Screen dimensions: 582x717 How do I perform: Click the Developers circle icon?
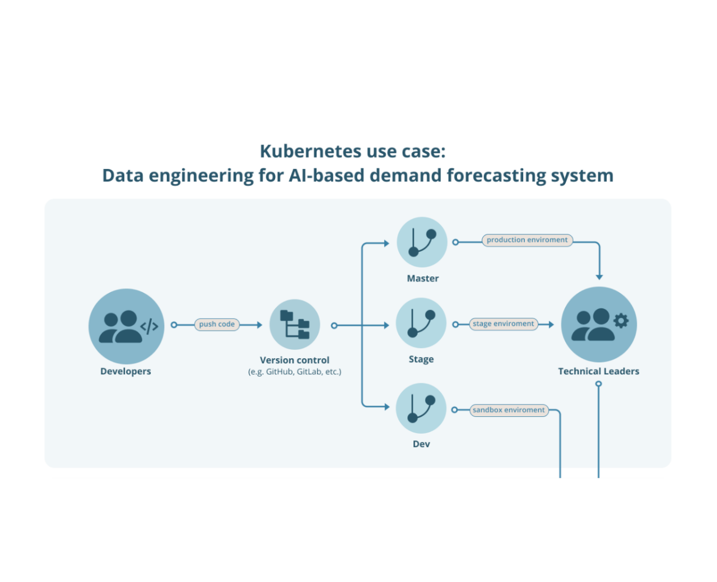pos(126,326)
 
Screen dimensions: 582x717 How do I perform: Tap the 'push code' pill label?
pos(217,325)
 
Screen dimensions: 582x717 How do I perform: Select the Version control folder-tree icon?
pos(295,325)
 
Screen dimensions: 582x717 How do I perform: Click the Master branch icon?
pos(422,242)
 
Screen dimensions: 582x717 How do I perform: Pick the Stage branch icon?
pos(421,323)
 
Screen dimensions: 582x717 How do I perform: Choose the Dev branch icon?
pos(421,409)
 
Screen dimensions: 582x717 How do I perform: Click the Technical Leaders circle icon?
pos(599,325)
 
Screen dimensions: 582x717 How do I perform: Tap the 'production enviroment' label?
pos(527,240)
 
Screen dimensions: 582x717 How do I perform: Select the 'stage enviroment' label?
pos(503,324)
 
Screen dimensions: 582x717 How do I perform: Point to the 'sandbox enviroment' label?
pos(509,410)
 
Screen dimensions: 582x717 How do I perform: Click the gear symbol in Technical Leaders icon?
pos(621,321)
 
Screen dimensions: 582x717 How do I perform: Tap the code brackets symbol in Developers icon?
pos(149,326)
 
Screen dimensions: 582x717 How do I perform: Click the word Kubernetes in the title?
pos(310,152)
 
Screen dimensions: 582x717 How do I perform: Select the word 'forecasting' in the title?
pos(496,176)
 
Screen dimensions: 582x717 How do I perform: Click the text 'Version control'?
pos(295,360)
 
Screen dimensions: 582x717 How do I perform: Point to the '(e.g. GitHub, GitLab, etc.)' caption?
pos(295,372)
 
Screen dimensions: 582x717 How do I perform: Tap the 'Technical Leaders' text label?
pos(598,372)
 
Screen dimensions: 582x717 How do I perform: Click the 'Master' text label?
pos(422,279)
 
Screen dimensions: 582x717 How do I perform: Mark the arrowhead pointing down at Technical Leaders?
pos(599,277)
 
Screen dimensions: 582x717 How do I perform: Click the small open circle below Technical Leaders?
pos(599,384)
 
